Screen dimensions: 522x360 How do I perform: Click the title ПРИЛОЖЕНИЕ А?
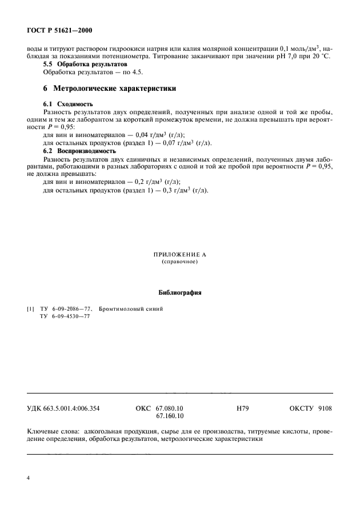(x=179, y=255)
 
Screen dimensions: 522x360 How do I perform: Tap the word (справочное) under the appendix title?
(x=179, y=262)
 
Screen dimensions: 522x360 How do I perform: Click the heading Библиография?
(x=179, y=292)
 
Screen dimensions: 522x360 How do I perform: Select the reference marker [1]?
(x=31, y=309)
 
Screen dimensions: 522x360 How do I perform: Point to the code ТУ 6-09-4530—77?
(x=65, y=316)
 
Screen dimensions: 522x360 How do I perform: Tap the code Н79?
(x=242, y=409)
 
